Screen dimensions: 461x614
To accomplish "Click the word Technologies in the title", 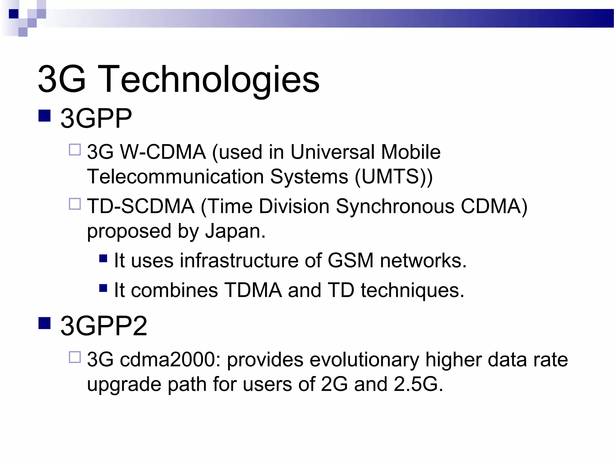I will pos(209,80).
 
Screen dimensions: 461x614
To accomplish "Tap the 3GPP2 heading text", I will pos(104,326).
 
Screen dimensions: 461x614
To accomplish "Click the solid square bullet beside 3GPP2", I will pos(44,323).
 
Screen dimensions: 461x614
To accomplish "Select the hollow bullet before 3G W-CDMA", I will pos(75,149).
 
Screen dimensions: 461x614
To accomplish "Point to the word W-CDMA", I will pos(163,152).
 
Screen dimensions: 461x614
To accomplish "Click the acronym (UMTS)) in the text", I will pos(394,176).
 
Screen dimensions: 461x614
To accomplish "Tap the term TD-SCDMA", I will pos(141,206).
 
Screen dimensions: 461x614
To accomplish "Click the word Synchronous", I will pos(395,206).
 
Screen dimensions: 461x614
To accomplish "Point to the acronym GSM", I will pos(350,260).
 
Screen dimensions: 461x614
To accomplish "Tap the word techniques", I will pos(412,290).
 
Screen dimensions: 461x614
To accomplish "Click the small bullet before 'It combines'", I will pos(103,288).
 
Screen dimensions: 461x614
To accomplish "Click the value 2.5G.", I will pos(418,384).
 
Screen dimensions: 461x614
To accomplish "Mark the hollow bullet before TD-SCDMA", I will pos(75,204).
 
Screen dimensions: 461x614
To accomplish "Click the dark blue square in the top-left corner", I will pos(14,14).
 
